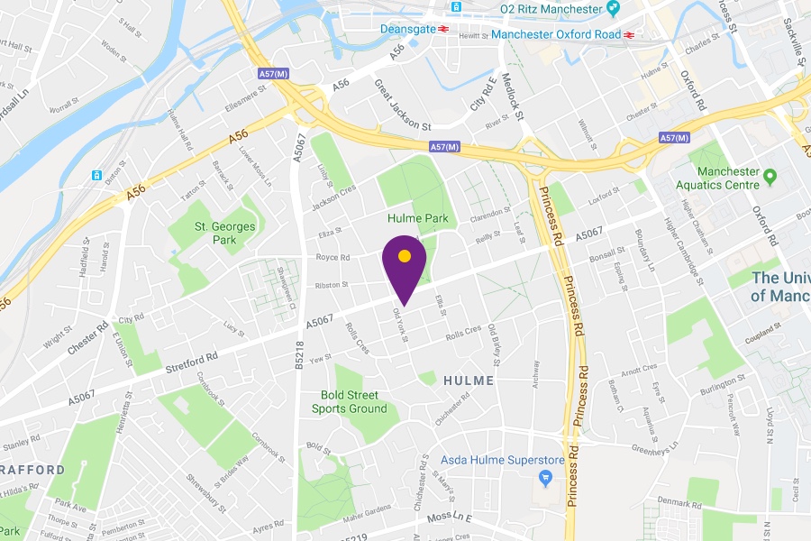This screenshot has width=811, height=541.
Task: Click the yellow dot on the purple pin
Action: pyautogui.click(x=405, y=256)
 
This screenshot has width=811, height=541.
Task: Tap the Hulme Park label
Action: pyautogui.click(x=417, y=218)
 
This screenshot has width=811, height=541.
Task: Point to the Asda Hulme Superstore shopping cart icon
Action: pyautogui.click(x=543, y=476)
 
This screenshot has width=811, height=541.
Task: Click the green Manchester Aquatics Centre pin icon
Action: pyautogui.click(x=770, y=175)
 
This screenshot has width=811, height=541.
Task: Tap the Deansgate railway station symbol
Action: pyautogui.click(x=444, y=29)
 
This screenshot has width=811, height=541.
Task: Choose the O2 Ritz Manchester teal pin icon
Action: pyautogui.click(x=613, y=9)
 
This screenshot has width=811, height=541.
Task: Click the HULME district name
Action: pyautogui.click(x=469, y=381)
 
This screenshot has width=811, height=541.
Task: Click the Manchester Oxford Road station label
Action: pyautogui.click(x=557, y=34)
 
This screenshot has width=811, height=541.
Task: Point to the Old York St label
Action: pyautogui.click(x=401, y=326)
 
